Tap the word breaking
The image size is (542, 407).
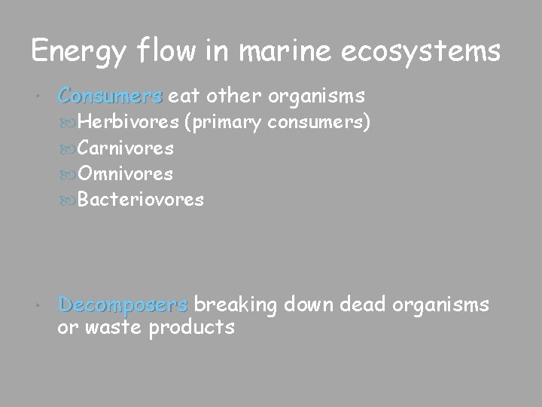[x=237, y=305]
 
